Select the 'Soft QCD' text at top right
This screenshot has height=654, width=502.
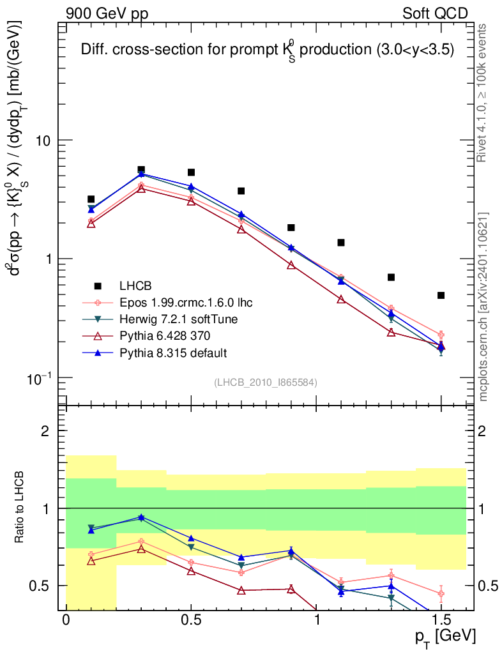tap(435, 13)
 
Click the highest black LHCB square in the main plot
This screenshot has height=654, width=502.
tap(141, 170)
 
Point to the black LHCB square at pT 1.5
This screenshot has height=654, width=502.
tap(441, 295)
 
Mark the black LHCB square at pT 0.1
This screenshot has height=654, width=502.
tap(91, 199)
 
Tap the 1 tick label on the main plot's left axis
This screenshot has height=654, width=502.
tap(48, 259)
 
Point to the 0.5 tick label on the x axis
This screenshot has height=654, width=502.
tap(191, 621)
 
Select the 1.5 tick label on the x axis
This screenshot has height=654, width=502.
tap(441, 621)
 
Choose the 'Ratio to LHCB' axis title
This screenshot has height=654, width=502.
tap(21, 507)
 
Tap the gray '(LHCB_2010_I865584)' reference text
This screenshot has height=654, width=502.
tap(266, 382)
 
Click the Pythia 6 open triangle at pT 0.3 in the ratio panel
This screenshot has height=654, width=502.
tap(141, 549)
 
